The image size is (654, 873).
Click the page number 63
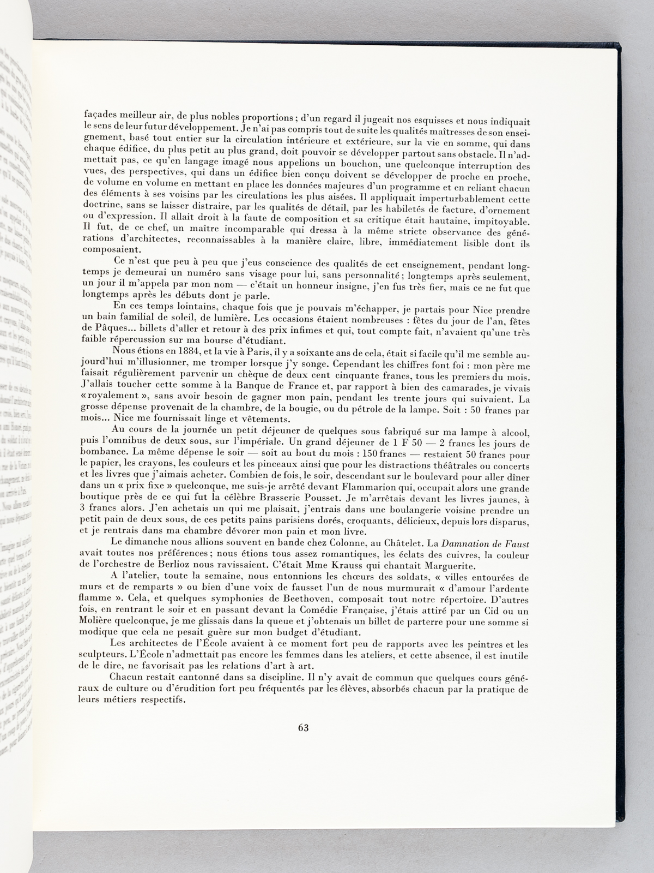(x=304, y=727)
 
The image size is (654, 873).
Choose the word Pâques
(x=116, y=320)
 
